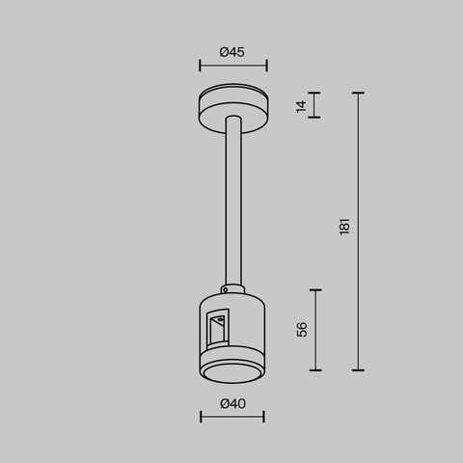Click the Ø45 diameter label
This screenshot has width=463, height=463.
point(231,52)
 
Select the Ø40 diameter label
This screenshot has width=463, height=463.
point(231,403)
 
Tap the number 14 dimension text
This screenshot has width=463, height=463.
point(302,105)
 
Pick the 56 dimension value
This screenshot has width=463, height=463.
point(302,329)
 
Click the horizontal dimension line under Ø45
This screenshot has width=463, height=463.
point(232,67)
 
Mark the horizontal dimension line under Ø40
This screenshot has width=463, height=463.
point(232,418)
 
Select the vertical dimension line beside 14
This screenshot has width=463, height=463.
point(316,105)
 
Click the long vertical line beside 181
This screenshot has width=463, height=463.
point(359,231)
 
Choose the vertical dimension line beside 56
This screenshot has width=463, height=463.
point(316,329)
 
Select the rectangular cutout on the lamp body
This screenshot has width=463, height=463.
point(217,330)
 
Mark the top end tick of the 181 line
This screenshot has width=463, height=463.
point(359,94)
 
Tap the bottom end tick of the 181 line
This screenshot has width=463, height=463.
point(359,369)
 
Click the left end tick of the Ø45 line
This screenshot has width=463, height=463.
point(200,67)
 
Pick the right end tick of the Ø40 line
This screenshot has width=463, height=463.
point(265,418)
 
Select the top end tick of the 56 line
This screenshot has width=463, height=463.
point(316,288)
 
